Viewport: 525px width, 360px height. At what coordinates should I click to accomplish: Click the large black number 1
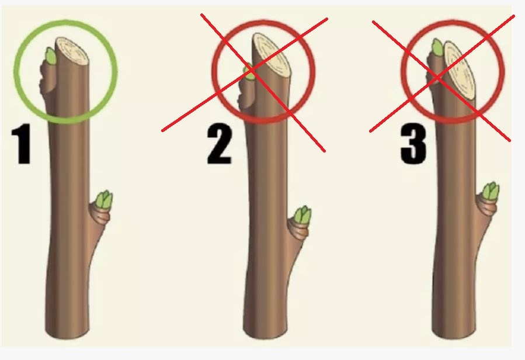pyautogui.click(x=22, y=144)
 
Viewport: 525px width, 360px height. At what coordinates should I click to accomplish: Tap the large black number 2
pyautogui.click(x=220, y=144)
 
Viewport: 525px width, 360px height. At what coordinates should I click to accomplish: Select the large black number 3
pyautogui.click(x=413, y=144)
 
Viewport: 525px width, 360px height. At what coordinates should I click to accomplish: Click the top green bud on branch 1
pyautogui.click(x=51, y=56)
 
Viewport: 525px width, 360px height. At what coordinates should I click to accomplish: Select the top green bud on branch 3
pyautogui.click(x=437, y=47)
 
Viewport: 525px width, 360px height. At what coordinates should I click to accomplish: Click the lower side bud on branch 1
pyautogui.click(x=104, y=200)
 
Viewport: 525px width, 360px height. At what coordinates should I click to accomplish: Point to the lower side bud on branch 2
pyautogui.click(x=303, y=216)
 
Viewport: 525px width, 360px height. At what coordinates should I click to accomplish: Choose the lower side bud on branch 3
pyautogui.click(x=490, y=192)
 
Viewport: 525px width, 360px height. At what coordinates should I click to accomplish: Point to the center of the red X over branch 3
pyautogui.click(x=437, y=78)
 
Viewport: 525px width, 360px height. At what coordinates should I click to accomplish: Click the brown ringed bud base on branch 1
pyautogui.click(x=99, y=215)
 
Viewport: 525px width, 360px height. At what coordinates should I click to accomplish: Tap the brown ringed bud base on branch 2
pyautogui.click(x=298, y=230)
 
